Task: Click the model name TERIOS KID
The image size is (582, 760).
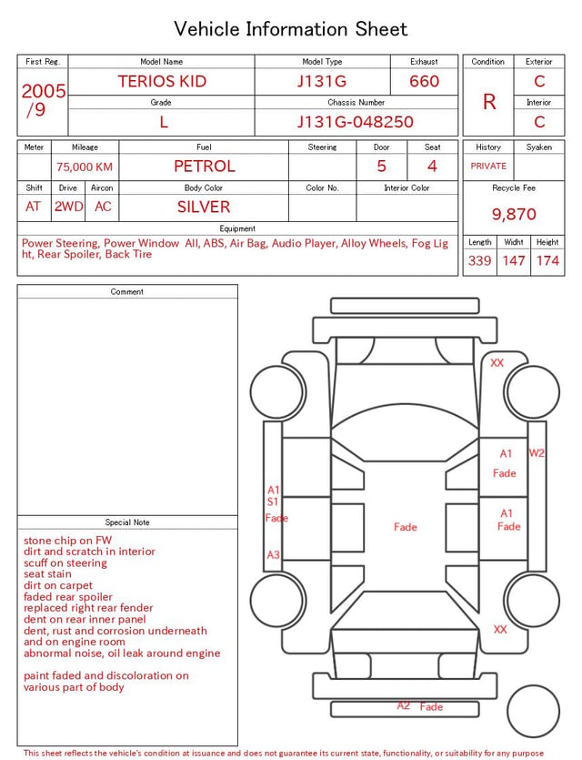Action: [x=162, y=81]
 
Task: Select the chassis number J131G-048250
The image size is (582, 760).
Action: [x=356, y=122]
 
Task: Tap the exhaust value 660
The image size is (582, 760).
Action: [x=424, y=81]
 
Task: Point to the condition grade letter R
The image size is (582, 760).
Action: [x=489, y=102]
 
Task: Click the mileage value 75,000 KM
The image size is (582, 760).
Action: [x=85, y=167]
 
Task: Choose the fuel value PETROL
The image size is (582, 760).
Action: [x=205, y=167]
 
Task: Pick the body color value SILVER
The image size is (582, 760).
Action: [x=204, y=207]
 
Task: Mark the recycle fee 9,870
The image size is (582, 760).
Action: [x=514, y=214]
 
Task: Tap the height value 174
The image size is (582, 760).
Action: [x=547, y=260]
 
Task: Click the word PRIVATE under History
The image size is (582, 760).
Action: [x=488, y=166]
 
